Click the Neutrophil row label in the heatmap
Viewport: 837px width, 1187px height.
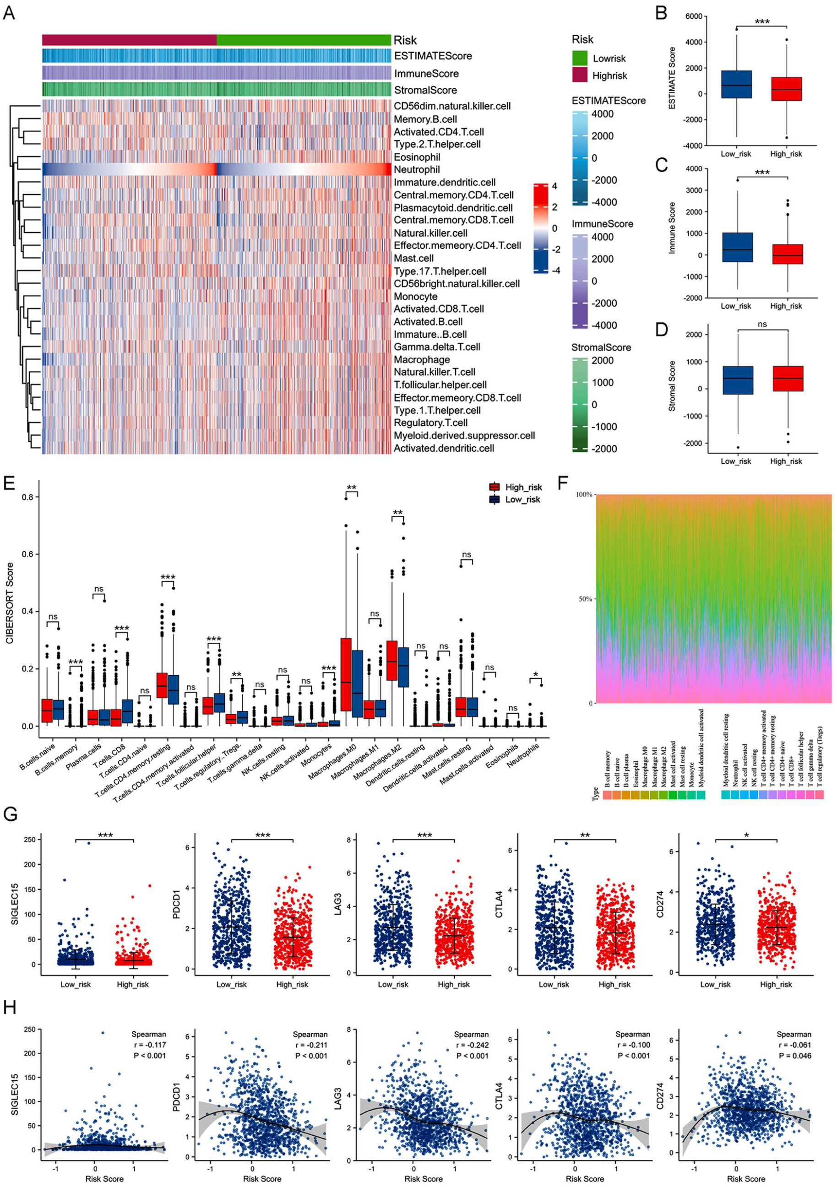coord(417,169)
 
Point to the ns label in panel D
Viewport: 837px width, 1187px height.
coord(762,324)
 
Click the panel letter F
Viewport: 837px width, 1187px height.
coord(564,484)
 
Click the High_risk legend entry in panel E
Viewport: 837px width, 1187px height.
coord(523,487)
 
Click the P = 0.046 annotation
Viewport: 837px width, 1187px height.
coord(794,1055)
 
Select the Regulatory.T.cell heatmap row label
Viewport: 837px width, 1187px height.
coord(431,423)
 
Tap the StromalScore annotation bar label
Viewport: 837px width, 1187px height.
coord(425,90)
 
